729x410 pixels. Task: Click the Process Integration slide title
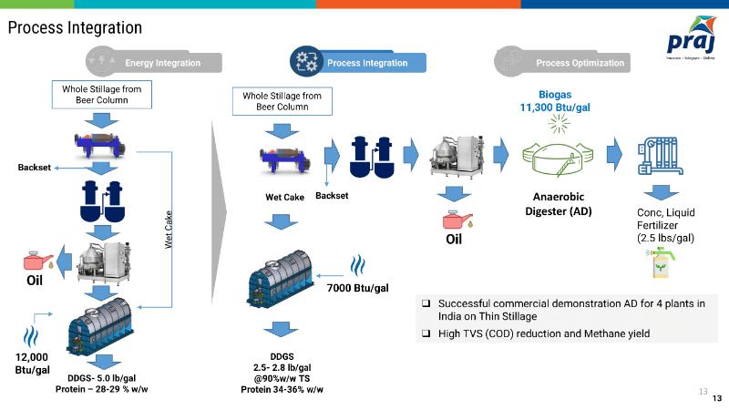[x=75, y=28]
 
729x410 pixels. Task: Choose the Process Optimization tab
[x=580, y=63]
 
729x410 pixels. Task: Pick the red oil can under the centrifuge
[x=455, y=220]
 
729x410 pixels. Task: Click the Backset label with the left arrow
[x=36, y=168]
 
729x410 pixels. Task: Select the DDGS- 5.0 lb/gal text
[x=102, y=378]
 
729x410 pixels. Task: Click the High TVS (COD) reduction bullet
[x=543, y=333]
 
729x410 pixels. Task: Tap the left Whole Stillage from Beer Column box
[x=102, y=94]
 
